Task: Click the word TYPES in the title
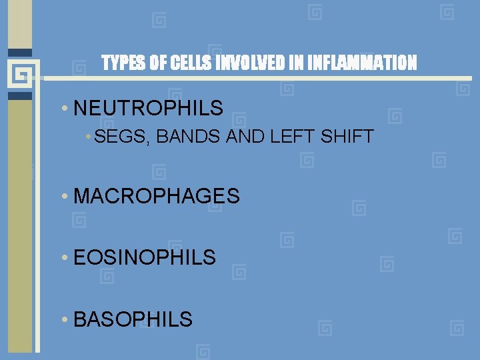coord(121,63)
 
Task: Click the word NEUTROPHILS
coord(149,108)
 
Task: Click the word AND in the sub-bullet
coord(224,138)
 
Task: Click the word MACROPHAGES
coord(157,196)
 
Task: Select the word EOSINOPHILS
coord(145,257)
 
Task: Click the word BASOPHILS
coord(133,319)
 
